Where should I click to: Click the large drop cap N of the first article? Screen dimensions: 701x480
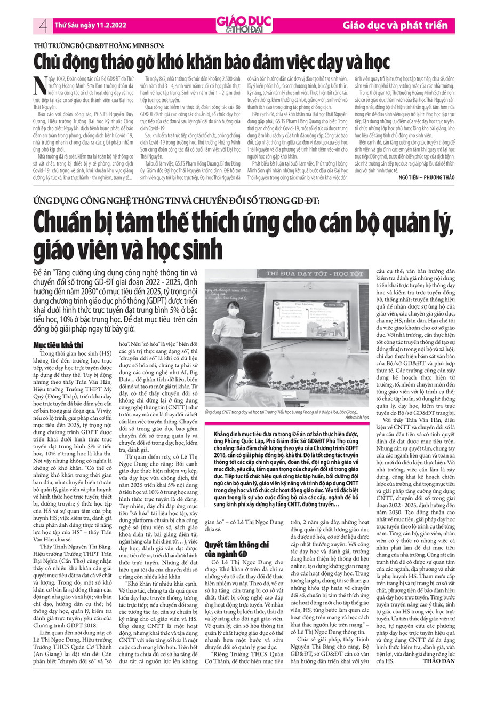tap(39, 89)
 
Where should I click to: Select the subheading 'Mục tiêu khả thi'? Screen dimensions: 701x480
tap(66, 344)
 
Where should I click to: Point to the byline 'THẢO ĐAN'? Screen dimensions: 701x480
tap(438, 661)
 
